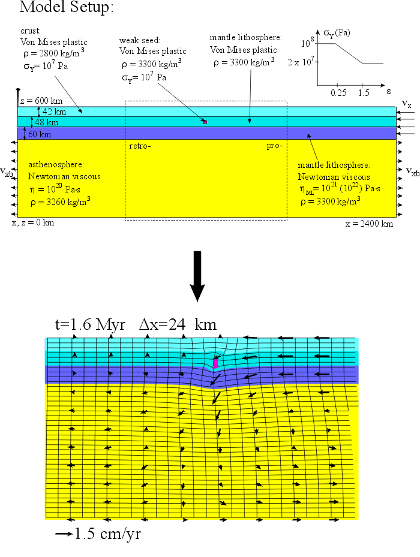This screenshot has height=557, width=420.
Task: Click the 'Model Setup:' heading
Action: coord(66,8)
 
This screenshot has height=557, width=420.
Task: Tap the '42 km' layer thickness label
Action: coord(54,112)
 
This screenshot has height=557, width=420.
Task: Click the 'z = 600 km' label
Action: coord(41,101)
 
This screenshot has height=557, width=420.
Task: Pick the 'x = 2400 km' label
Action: coord(369,224)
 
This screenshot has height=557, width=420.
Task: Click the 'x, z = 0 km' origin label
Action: coord(33,222)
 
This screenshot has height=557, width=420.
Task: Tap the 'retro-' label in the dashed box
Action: coord(140,146)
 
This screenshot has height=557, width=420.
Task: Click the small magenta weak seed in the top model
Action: coord(205,122)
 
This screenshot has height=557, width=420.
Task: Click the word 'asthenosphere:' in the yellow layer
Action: coord(56,164)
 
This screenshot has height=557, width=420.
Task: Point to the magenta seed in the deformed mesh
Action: coord(215,363)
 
